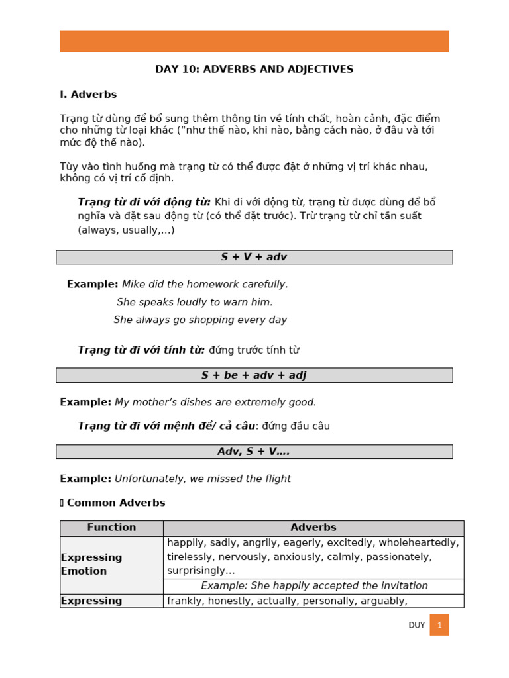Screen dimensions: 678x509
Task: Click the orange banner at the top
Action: pos(254,41)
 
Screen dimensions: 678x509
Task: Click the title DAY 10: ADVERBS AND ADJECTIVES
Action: pos(254,69)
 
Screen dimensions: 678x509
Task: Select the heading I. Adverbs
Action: pos(88,95)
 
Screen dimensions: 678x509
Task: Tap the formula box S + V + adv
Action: pos(254,257)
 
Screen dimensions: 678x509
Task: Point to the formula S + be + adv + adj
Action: pos(254,375)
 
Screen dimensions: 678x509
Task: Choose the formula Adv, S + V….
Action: pos(254,452)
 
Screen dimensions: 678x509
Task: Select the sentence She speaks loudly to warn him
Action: pos(194,302)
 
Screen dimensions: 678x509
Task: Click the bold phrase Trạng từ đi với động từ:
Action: pos(144,202)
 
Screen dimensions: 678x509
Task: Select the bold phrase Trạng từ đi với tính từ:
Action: pos(141,350)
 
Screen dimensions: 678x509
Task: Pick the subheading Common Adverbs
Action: pos(116,503)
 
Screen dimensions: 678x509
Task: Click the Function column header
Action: pos(111,528)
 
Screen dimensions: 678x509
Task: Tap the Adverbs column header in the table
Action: pos(313,528)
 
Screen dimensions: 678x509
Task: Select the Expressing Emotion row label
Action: pos(91,564)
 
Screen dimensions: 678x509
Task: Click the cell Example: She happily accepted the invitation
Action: pos(314,586)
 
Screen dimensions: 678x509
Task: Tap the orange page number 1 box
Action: pos(439,625)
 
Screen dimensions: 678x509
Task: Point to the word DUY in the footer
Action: pos(416,625)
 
